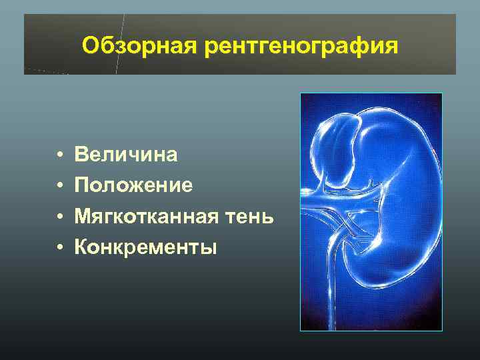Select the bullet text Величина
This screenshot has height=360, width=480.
pyautogui.click(x=126, y=155)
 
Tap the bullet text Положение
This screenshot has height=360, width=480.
pyautogui.click(x=134, y=185)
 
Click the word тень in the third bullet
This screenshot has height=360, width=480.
pyautogui.click(x=252, y=217)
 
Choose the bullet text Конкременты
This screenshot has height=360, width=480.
pyautogui.click(x=146, y=247)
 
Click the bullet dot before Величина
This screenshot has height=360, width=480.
pyautogui.click(x=60, y=155)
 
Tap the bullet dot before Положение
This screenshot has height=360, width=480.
pyautogui.click(x=60, y=186)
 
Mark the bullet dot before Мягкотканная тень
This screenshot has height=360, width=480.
pyautogui.click(x=60, y=217)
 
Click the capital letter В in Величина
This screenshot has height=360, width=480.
pyautogui.click(x=81, y=155)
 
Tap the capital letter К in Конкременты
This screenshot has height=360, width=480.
pyautogui.click(x=81, y=247)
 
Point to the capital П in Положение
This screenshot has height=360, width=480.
pyautogui.click(x=82, y=185)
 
